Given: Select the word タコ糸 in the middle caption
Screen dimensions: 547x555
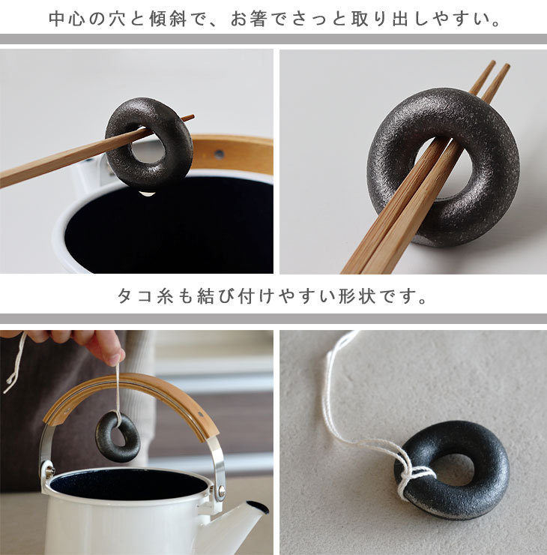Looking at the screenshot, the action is point(146,296).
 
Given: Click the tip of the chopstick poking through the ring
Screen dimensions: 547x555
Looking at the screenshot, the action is point(192,116).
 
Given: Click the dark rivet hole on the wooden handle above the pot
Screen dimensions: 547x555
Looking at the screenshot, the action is point(219,154).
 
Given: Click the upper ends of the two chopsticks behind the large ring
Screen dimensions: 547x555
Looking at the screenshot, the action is point(500,66).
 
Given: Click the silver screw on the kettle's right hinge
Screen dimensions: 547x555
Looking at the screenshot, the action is point(221,490).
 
